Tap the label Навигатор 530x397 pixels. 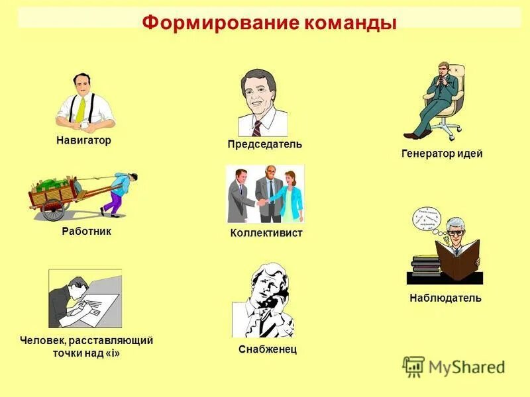[x=83, y=141]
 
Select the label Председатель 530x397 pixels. [x=264, y=144]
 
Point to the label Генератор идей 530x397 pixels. [x=442, y=154]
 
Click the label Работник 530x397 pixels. [x=86, y=232]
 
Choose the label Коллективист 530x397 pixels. [x=266, y=233]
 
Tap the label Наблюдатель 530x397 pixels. [x=445, y=298]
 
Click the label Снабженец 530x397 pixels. [x=268, y=349]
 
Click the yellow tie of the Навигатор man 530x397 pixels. [x=81, y=110]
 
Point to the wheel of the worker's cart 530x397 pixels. [x=54, y=209]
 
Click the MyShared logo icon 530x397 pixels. [x=414, y=367]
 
